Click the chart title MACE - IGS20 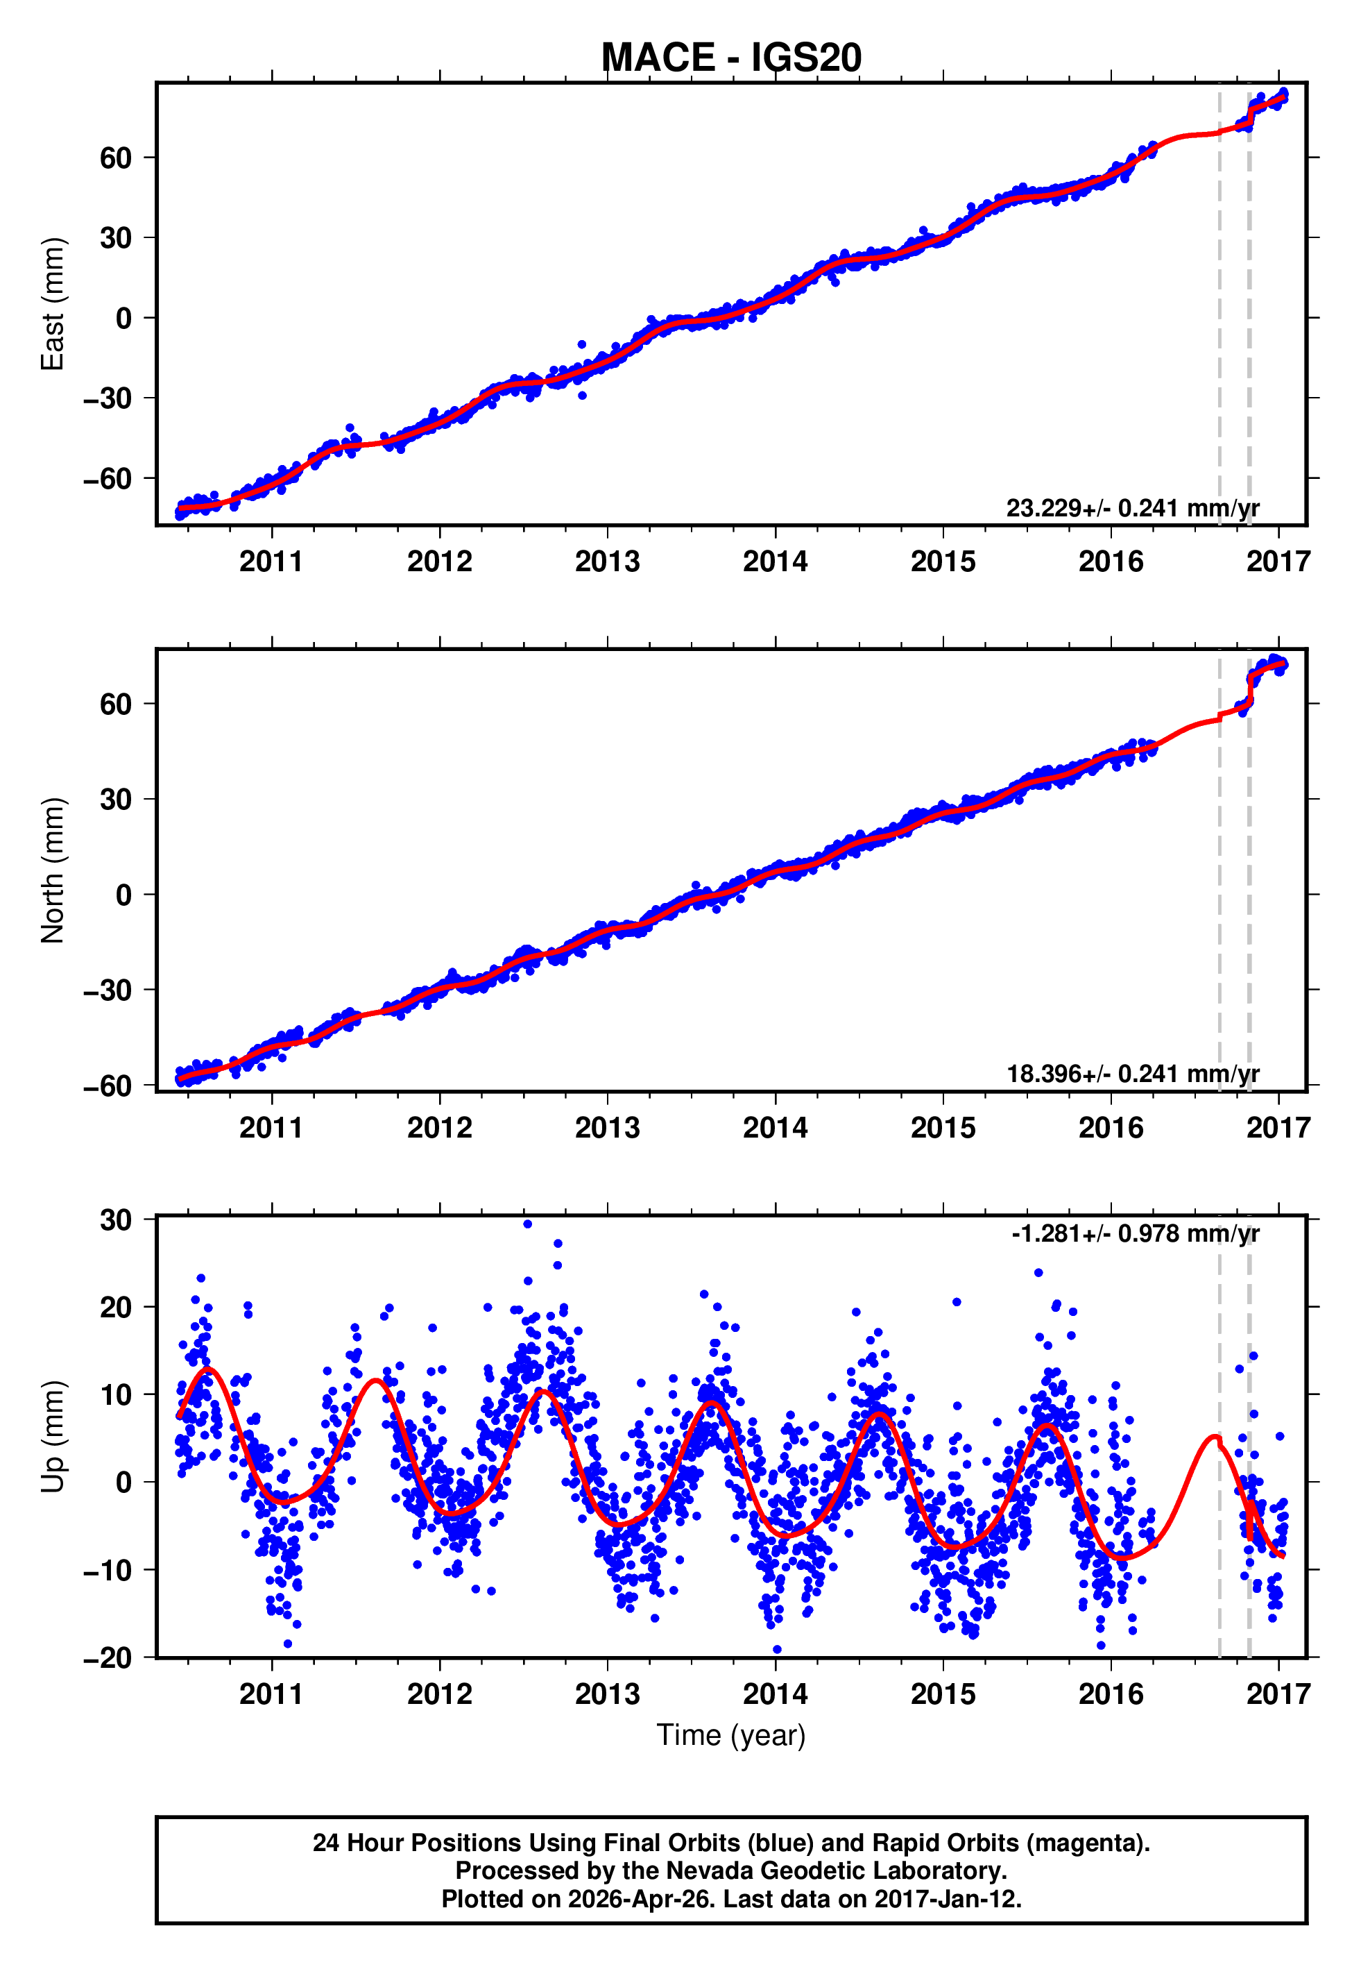pos(731,58)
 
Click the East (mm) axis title pos(52,304)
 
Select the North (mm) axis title pos(52,870)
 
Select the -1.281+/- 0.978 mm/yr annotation pos(1135,1233)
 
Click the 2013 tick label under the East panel pos(606,562)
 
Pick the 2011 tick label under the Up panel pos(271,1694)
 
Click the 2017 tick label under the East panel pos(1278,562)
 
